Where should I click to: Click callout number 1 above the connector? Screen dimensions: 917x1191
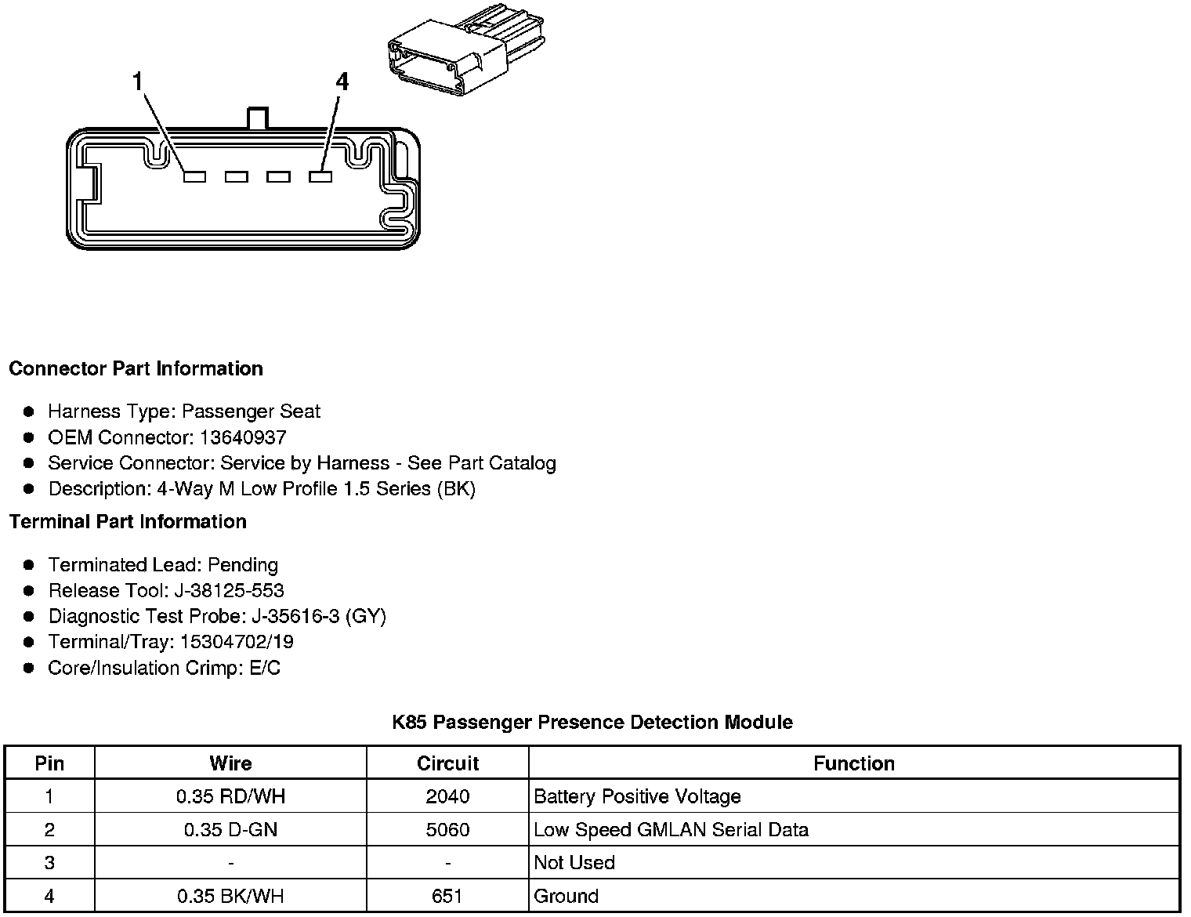pos(138,82)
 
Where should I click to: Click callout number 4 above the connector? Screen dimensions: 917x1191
pos(342,82)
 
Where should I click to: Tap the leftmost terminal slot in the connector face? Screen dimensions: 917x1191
pos(194,177)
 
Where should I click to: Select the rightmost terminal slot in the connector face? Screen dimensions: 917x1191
pos(320,177)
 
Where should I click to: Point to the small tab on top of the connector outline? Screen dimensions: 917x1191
pos(257,119)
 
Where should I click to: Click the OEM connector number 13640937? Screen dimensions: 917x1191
pos(243,437)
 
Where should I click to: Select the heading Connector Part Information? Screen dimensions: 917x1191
pos(136,368)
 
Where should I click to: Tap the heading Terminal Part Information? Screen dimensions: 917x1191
pos(128,521)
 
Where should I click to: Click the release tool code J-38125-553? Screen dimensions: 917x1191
pos(229,590)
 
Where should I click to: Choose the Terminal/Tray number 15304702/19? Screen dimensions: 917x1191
pos(237,642)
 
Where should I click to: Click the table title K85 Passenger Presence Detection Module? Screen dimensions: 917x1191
pos(592,722)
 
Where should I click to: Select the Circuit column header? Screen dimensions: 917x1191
pos(447,763)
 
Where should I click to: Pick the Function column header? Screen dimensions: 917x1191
pos(854,763)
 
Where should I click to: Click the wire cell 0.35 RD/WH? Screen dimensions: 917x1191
pos(230,797)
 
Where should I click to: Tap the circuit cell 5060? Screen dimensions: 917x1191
pos(447,830)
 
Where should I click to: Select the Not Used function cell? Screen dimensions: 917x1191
pos(574,863)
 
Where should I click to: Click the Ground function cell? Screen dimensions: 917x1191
pos(566,896)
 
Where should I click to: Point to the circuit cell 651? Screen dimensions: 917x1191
pos(447,896)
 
